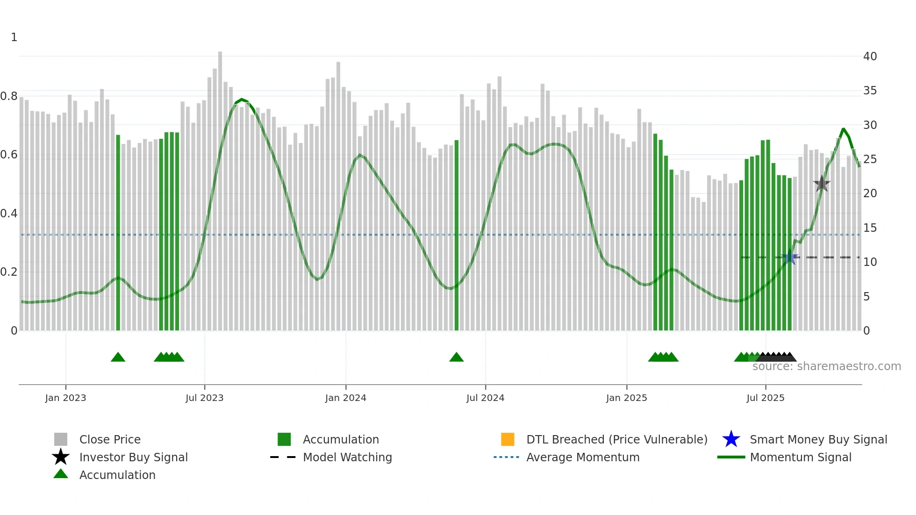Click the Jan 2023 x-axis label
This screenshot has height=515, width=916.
pos(65,398)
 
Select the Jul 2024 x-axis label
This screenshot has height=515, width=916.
pos(485,398)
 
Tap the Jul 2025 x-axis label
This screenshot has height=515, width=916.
pos(765,398)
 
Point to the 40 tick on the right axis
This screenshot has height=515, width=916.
pos(870,57)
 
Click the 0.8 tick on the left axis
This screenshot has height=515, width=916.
pos(9,96)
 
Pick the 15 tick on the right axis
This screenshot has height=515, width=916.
pos(870,228)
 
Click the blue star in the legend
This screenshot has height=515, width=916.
pos(731,439)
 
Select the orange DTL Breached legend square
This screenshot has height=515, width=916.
pos(508,439)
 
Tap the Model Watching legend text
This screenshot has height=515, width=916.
pos(347,457)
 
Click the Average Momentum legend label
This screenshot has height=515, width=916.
pos(583,457)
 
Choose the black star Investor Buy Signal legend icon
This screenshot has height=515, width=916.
pos(61,457)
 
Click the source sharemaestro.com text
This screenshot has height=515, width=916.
pos(826,366)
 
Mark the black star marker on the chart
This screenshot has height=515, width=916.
pos(822,184)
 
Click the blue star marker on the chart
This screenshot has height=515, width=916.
pos(790,257)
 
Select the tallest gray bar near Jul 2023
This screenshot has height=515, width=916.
pos(220,187)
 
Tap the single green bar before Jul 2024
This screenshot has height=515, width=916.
pos(457,234)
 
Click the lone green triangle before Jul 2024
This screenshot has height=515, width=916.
pos(456,358)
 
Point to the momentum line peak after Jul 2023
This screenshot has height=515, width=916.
pos(241,100)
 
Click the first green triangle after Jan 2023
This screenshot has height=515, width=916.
pos(118,358)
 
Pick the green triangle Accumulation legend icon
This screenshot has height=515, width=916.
pos(61,474)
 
